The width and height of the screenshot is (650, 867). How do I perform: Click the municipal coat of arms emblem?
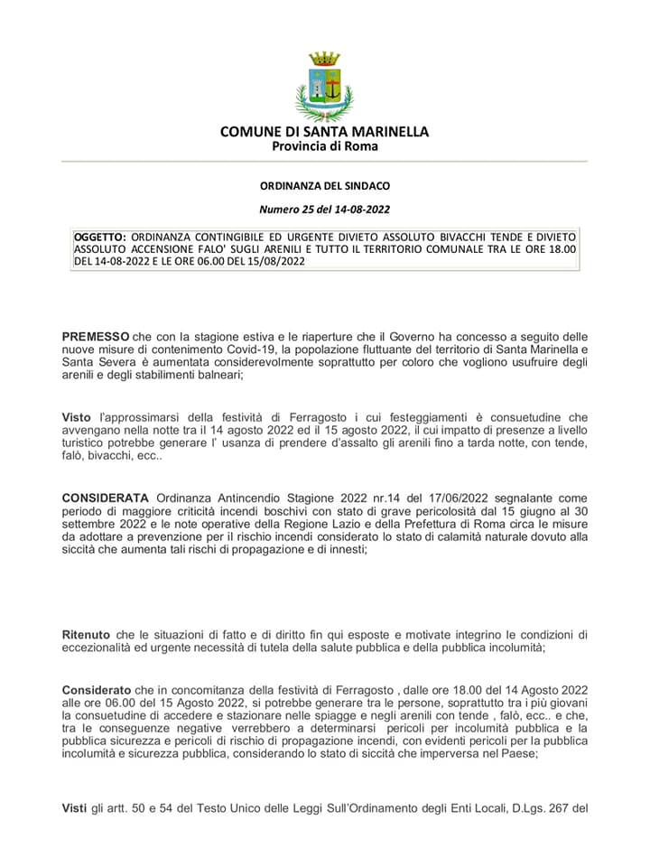[x=325, y=87]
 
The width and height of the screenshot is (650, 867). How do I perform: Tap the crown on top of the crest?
[x=325, y=60]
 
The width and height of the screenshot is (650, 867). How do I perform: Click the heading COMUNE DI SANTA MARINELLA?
[x=325, y=132]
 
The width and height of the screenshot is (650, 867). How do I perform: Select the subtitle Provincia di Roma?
[x=325, y=146]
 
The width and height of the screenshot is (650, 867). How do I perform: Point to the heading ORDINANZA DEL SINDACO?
[x=325, y=186]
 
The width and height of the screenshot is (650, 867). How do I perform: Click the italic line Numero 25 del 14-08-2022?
[x=325, y=210]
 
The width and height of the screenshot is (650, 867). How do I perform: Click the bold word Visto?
[x=77, y=417]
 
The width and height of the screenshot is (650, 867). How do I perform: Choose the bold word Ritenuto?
[x=88, y=634]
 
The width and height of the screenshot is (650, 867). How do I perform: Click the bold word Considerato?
[x=97, y=688]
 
